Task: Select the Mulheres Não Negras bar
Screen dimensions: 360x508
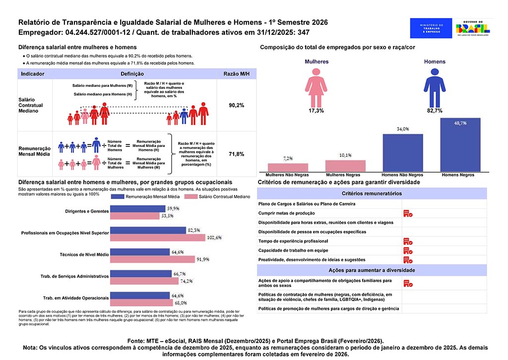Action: (x=288, y=167)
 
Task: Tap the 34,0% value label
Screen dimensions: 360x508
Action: (x=402, y=129)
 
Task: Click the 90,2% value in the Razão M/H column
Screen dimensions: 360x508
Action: (x=236, y=106)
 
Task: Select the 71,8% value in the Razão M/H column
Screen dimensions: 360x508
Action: (x=236, y=154)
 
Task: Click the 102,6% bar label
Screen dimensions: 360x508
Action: (x=215, y=237)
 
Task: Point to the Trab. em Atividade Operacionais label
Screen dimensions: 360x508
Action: (x=76, y=298)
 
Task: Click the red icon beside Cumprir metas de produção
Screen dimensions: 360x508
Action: (x=408, y=213)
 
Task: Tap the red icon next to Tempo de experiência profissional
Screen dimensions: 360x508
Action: (x=408, y=241)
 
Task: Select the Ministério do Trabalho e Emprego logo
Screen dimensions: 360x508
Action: (x=431, y=28)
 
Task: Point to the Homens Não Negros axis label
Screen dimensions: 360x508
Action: (x=402, y=175)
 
